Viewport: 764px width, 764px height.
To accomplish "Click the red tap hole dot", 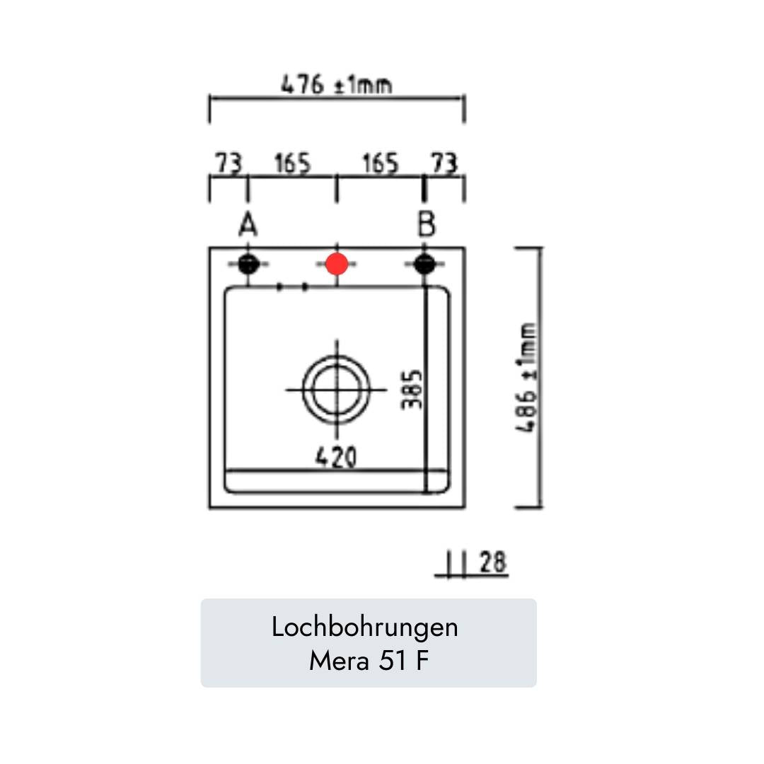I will point(337,264).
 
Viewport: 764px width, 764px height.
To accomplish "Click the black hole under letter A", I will point(247,264).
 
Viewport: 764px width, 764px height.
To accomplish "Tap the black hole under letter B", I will point(423,264).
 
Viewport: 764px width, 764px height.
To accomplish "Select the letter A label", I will point(247,225).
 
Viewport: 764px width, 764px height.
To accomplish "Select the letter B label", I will point(426,225).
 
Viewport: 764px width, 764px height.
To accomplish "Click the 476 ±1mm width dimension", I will point(337,86).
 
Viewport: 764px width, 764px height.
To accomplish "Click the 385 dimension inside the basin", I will point(412,388).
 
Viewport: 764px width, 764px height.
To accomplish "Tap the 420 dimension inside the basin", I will point(336,458).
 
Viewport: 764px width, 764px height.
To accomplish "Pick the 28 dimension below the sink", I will point(493,562).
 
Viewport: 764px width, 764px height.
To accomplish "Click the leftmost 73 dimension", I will point(228,164).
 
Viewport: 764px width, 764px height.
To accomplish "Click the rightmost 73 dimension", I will point(444,164).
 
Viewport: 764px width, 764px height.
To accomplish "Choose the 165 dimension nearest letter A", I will point(292,164).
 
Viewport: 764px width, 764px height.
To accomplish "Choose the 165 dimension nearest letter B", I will point(381,164).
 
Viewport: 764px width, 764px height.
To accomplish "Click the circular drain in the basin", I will point(337,388).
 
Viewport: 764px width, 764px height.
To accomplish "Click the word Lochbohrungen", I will point(365,627).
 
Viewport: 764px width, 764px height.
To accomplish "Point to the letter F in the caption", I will point(422,661).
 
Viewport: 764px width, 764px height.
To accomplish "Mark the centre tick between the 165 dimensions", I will point(337,189).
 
